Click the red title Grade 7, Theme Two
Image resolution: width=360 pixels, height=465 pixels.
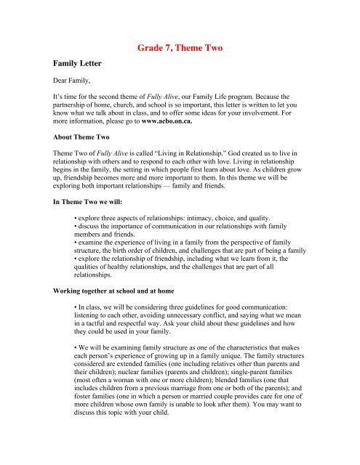pos(180,50)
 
